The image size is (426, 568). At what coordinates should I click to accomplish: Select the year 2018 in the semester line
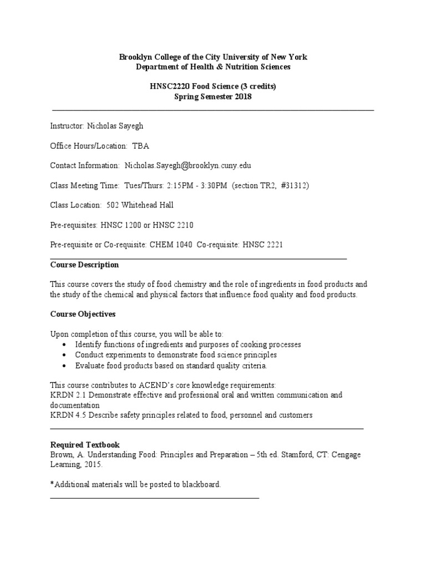tap(243, 97)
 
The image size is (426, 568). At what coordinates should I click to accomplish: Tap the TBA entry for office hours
tap(140, 146)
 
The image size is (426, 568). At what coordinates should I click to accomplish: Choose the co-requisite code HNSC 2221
tap(262, 245)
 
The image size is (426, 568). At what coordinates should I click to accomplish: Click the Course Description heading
tap(84, 265)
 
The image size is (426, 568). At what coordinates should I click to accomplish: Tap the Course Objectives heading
tap(83, 314)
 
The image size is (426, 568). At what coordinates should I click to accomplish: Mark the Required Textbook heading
tap(85, 445)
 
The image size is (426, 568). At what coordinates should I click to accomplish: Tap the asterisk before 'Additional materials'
tap(52, 484)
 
